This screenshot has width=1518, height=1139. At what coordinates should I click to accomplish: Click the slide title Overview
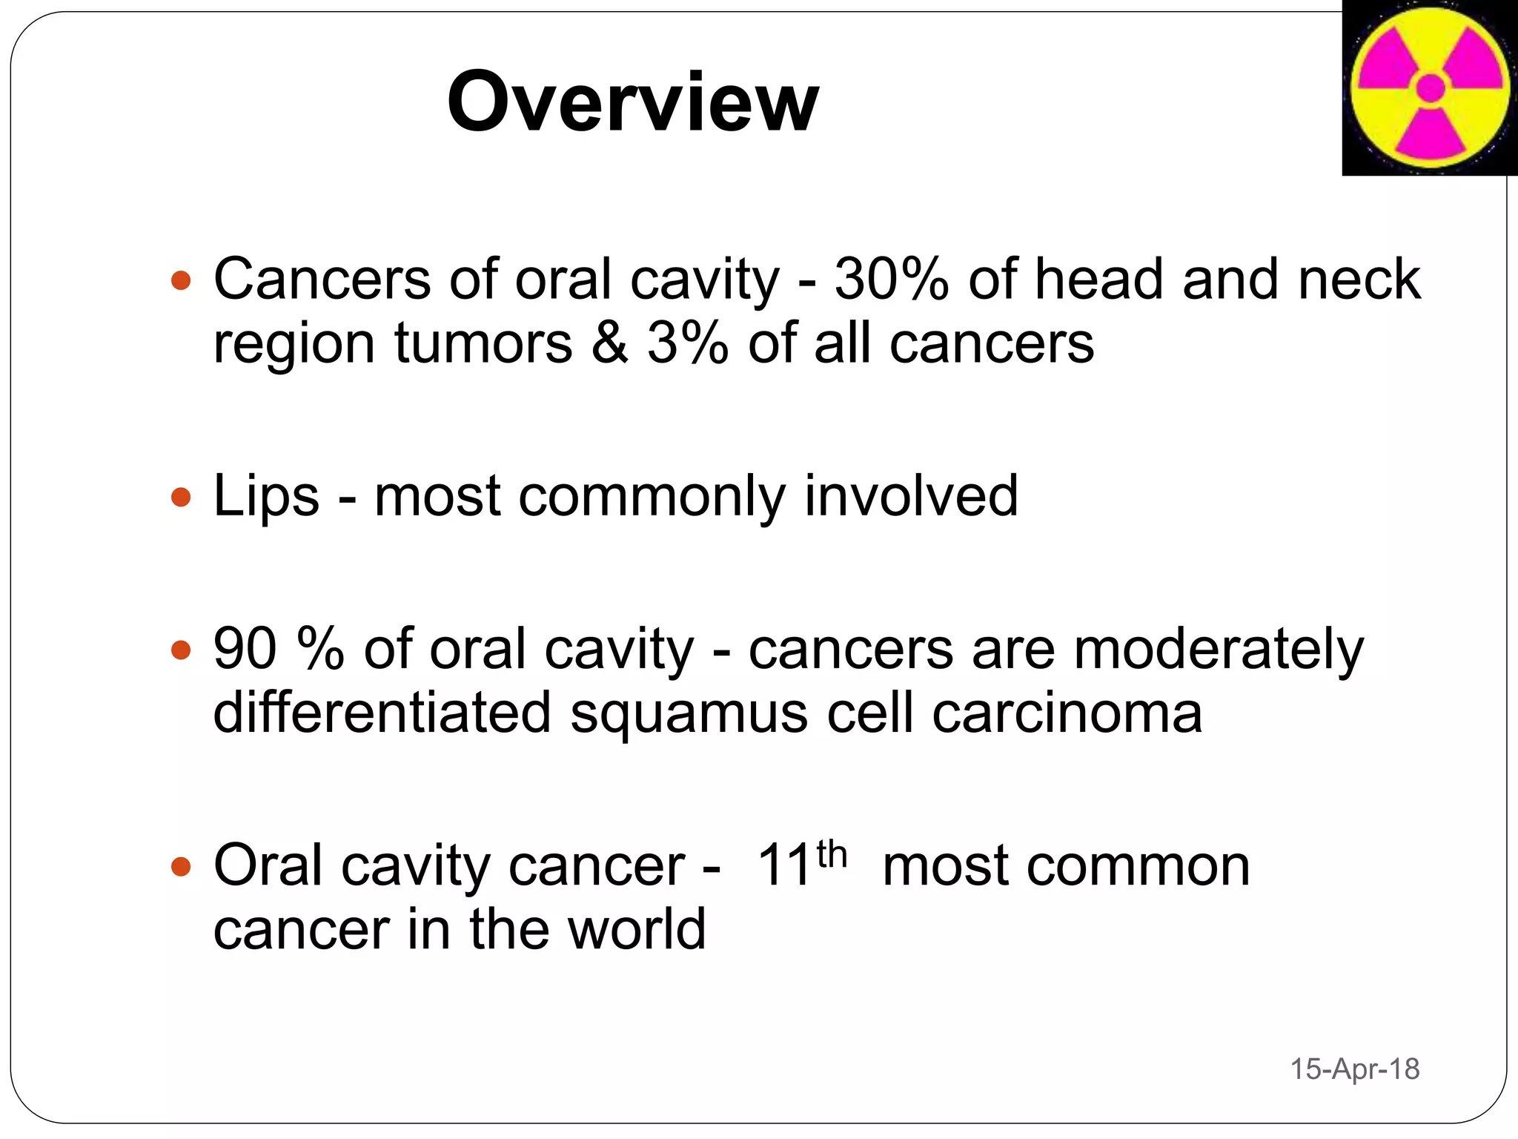(x=632, y=102)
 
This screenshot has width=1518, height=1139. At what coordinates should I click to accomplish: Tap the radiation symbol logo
(x=1430, y=88)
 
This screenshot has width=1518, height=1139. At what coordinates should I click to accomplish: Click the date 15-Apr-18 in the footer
(x=1354, y=1069)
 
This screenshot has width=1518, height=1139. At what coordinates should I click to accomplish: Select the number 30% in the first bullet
(x=891, y=280)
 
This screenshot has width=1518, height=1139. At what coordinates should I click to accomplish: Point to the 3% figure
(x=687, y=343)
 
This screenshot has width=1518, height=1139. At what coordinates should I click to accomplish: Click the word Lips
(x=266, y=496)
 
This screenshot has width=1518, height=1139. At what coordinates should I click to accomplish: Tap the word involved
(x=911, y=496)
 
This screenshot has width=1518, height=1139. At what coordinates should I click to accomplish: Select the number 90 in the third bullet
(x=245, y=649)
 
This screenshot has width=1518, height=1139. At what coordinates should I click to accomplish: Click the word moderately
(x=1219, y=649)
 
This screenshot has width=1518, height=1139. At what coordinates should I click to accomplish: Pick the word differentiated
(x=382, y=713)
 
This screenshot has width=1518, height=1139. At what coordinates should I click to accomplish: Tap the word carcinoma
(x=1067, y=713)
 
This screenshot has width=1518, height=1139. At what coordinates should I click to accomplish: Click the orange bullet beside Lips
(x=181, y=497)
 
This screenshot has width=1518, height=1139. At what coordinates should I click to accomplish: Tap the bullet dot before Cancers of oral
(x=181, y=281)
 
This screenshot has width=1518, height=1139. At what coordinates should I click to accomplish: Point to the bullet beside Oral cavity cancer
(x=181, y=866)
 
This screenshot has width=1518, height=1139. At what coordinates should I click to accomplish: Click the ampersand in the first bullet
(x=609, y=343)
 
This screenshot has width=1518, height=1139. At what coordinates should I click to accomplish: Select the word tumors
(x=483, y=343)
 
